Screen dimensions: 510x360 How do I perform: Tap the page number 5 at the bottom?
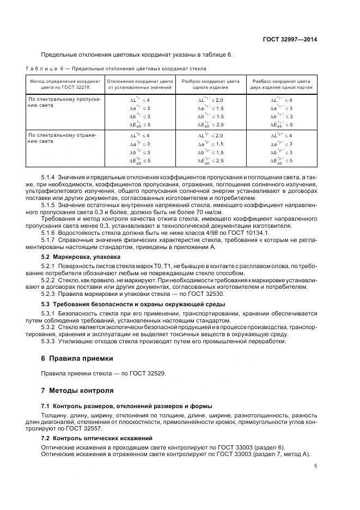(316, 465)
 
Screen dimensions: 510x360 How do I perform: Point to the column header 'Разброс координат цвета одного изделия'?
(210, 83)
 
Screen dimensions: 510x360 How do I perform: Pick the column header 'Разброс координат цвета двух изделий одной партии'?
(282, 83)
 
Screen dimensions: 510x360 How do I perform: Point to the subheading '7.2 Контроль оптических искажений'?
(97, 438)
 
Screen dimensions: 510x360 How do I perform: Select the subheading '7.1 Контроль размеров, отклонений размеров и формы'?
(127, 406)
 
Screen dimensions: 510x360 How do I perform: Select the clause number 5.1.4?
(49, 178)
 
